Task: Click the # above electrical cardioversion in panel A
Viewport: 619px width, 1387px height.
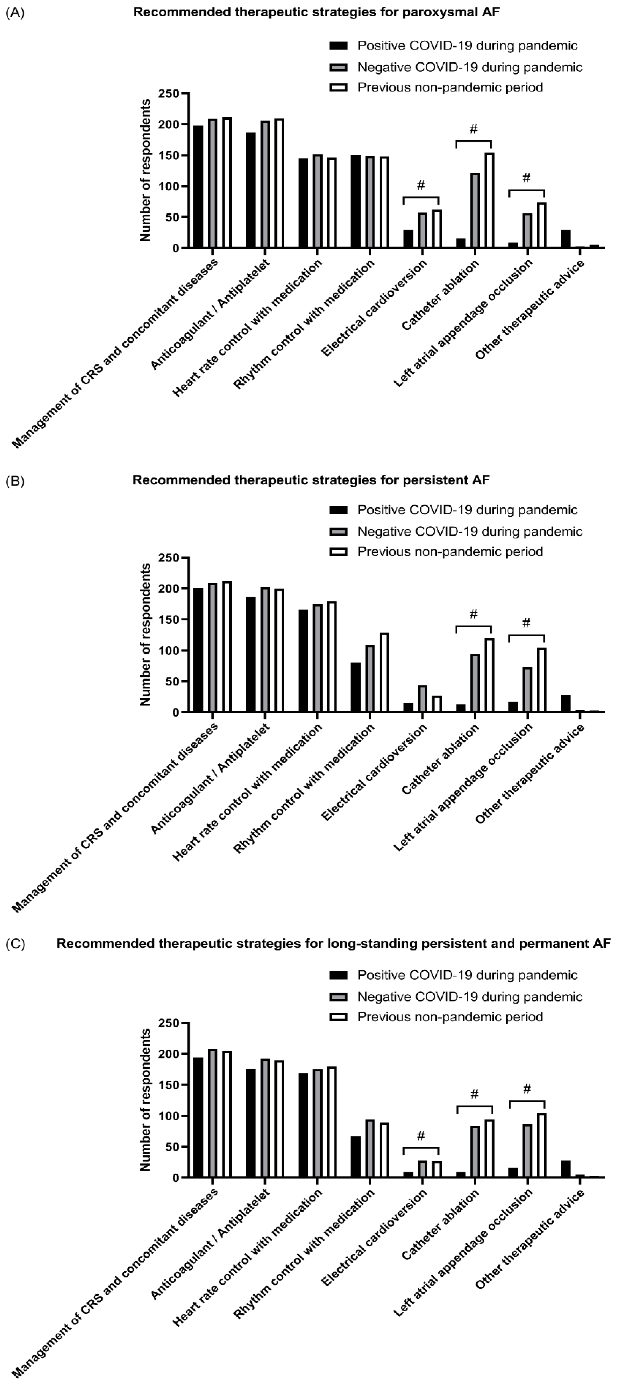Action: coord(421,185)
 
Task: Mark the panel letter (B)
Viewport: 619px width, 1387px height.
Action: coord(15,481)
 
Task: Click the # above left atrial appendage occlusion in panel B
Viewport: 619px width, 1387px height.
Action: coord(526,623)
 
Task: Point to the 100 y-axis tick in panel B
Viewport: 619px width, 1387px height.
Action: coord(169,650)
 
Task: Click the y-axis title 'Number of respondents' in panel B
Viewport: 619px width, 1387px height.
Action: coord(145,634)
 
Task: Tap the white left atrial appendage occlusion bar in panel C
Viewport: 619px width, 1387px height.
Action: coord(541,1145)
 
